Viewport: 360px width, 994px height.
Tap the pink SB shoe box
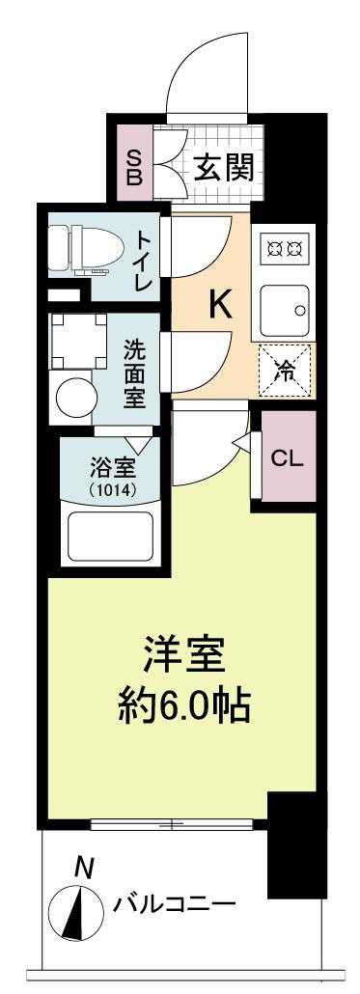(134, 163)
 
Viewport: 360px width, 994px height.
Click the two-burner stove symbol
(285, 249)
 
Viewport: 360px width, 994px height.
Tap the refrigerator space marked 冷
(285, 371)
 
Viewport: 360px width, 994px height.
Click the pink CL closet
(289, 456)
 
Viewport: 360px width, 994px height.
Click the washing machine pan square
(78, 342)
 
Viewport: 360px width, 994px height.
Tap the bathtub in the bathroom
(112, 538)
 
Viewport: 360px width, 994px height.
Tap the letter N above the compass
(82, 867)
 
